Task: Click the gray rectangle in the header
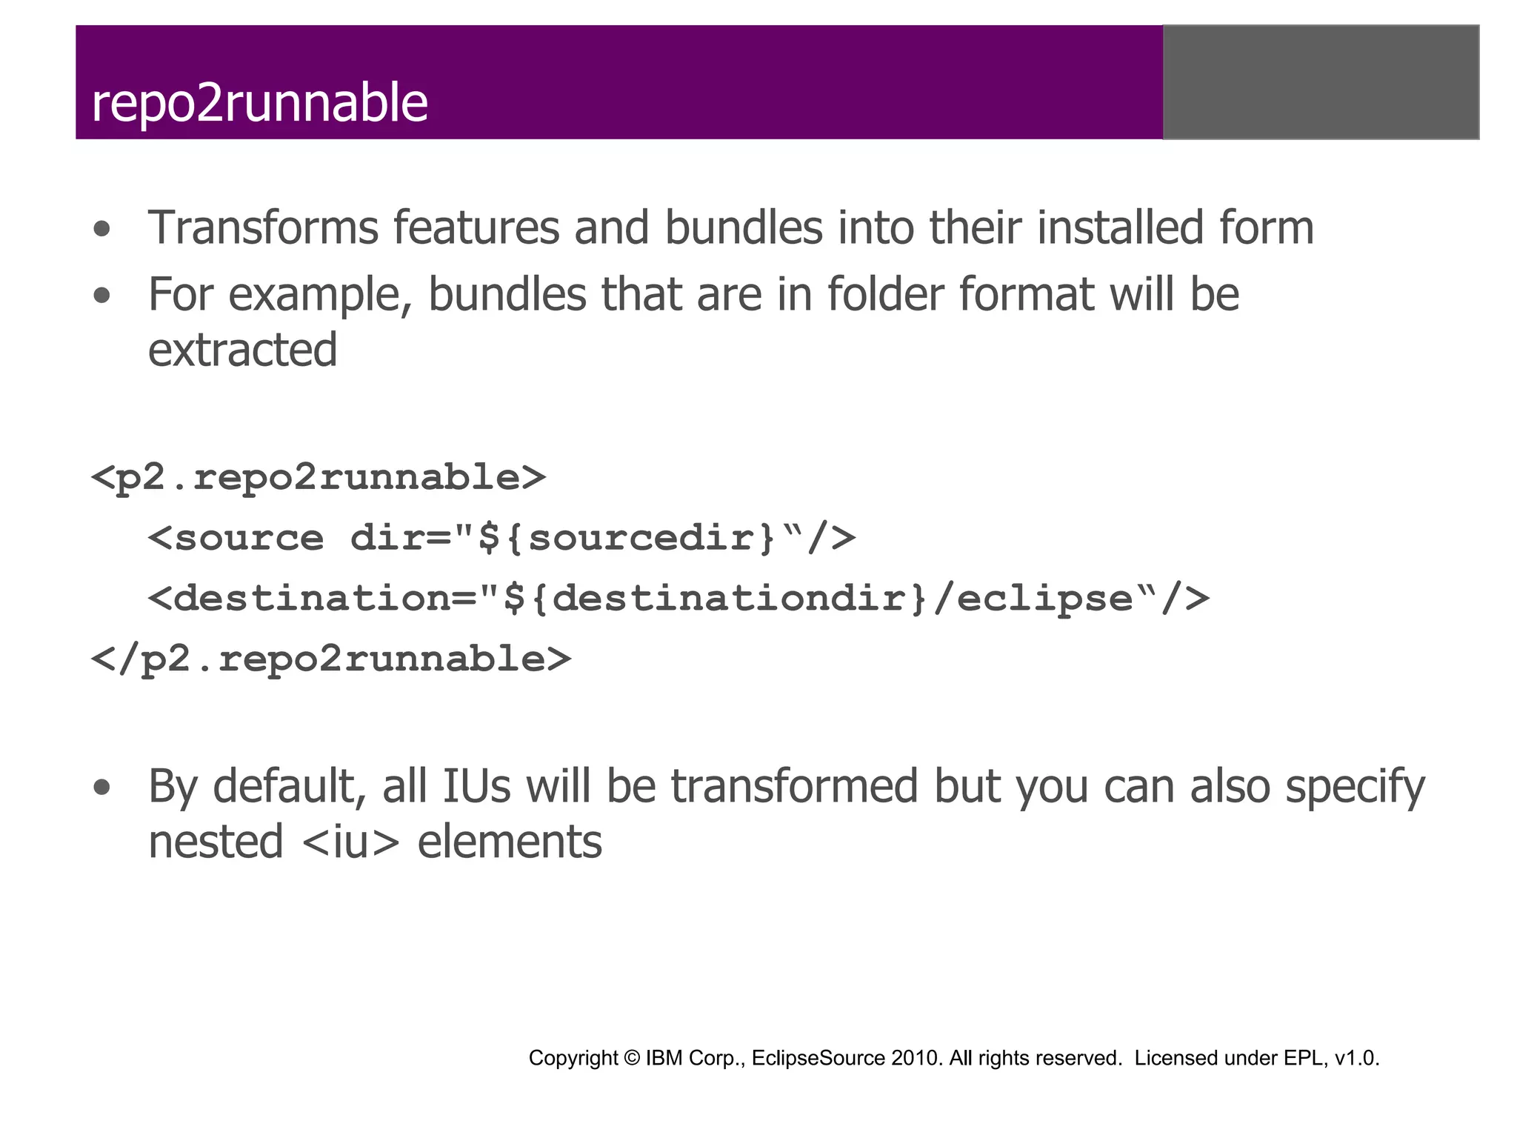coord(1321,82)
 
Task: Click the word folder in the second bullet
coord(885,294)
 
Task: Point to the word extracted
coord(242,350)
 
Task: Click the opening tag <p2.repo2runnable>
coord(319,478)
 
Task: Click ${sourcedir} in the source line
coord(627,538)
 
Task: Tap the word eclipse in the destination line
coord(1044,599)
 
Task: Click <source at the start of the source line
coord(236,538)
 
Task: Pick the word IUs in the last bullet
coord(476,786)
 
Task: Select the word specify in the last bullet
coord(1355,788)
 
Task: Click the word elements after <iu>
coord(510,842)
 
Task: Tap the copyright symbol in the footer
coord(631,1058)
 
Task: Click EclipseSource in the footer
coord(818,1058)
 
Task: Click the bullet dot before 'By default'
coord(102,788)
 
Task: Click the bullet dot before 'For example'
coord(102,296)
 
